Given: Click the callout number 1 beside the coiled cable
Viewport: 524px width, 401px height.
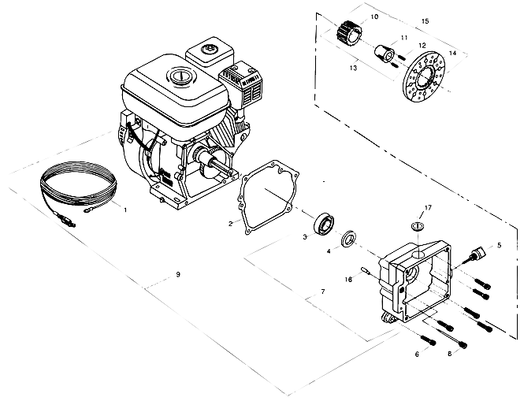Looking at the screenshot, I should click(124, 210).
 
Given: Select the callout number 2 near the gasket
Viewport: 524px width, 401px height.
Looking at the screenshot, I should click(230, 223).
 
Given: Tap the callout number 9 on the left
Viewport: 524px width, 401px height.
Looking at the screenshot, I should click(178, 274).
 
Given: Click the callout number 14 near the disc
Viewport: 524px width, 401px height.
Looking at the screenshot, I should click(452, 53).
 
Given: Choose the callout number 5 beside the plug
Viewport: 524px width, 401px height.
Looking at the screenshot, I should click(498, 245).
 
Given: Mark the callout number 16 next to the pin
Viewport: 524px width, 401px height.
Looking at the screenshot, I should click(347, 279).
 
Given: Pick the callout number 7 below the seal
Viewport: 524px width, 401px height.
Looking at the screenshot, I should click(322, 291).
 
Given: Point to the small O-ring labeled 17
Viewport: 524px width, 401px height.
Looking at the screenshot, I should click(419, 227).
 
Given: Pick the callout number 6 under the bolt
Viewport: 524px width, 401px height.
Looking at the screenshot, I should click(417, 355).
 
